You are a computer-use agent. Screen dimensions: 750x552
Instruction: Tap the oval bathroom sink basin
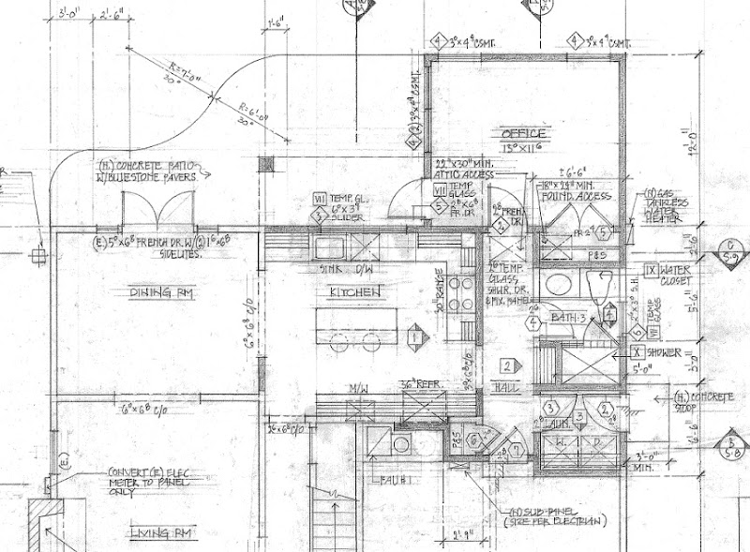pos(564,286)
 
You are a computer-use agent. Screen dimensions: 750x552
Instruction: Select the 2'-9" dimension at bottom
pos(460,536)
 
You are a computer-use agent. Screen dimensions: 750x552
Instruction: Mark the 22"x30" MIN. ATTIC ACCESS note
pos(465,170)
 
